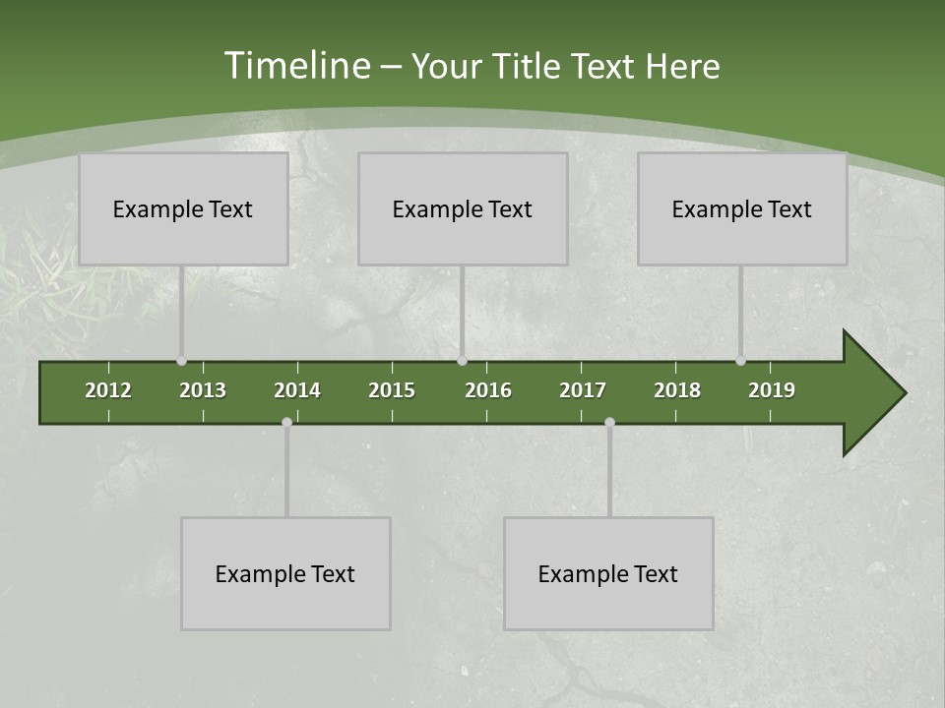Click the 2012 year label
pyautogui.click(x=108, y=390)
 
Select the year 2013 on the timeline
pyautogui.click(x=203, y=390)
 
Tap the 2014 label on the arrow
pyautogui.click(x=297, y=390)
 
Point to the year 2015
pyautogui.click(x=392, y=390)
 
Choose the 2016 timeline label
pyautogui.click(x=488, y=390)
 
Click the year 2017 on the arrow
pyautogui.click(x=583, y=390)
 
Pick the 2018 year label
pyautogui.click(x=677, y=390)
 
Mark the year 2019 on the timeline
pyautogui.click(x=772, y=390)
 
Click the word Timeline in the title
pyautogui.click(x=295, y=66)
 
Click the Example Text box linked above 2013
pyautogui.click(x=183, y=209)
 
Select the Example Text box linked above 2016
pyautogui.click(x=463, y=209)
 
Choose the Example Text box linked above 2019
pyautogui.click(x=742, y=209)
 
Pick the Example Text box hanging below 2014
pyautogui.click(x=285, y=574)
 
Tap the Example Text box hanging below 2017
pyautogui.click(x=608, y=574)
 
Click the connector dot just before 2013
pyautogui.click(x=181, y=361)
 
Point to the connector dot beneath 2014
pyautogui.click(x=286, y=423)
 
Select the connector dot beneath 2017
pyautogui.click(x=609, y=423)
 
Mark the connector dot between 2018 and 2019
pyautogui.click(x=740, y=361)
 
